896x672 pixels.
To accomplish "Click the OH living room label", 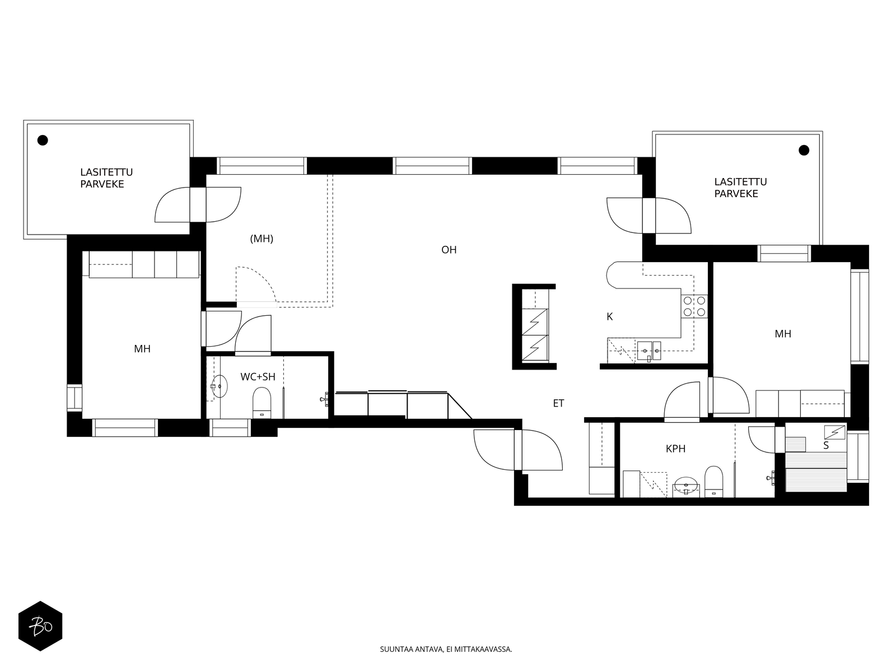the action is [449, 250].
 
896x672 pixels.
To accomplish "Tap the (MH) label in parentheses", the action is [262, 239].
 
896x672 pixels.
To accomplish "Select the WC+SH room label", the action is [258, 376].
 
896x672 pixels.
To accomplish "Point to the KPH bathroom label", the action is [675, 449].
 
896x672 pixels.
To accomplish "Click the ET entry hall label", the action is [558, 403].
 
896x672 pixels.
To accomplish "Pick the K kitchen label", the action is [609, 316].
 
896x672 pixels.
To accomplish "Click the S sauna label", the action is [826, 446].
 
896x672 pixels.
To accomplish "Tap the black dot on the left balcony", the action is [43, 141].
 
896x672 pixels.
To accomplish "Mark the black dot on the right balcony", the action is [804, 151].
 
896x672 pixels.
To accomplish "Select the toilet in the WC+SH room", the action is [262, 403].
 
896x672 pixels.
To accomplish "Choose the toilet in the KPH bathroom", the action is [713, 482].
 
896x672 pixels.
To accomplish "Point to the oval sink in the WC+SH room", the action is [219, 386].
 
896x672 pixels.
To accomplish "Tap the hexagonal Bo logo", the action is [40, 626].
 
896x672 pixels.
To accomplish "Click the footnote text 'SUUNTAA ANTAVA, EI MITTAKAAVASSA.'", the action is [446, 649].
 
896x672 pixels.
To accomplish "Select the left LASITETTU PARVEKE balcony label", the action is [106, 178].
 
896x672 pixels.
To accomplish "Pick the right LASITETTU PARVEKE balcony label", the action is [740, 188].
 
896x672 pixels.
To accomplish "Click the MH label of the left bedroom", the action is [142, 349].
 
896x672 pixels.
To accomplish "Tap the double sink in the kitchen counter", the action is [649, 351].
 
